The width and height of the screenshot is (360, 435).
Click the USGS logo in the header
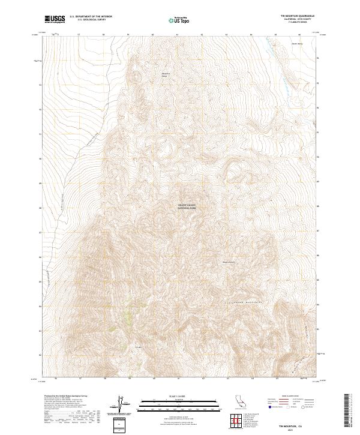pyautogui.click(x=53, y=19)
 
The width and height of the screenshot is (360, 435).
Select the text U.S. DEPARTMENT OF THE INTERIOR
pyautogui.click(x=91, y=17)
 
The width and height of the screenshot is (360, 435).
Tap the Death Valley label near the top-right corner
pyautogui.click(x=296, y=44)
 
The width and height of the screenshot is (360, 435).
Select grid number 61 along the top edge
pyautogui.click(x=178, y=35)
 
